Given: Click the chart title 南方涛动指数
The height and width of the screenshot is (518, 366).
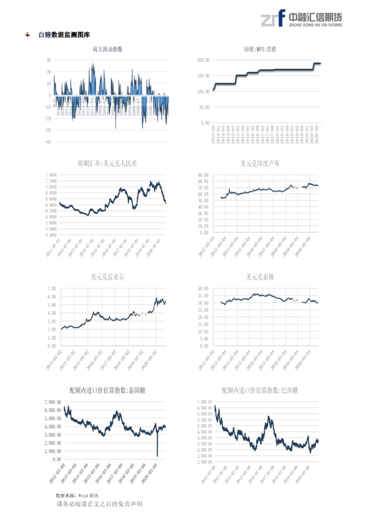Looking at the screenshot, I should [107, 49].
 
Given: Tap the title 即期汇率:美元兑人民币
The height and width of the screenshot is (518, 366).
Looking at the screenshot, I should [107, 164].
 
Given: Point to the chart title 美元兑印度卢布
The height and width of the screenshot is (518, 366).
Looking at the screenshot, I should [260, 164].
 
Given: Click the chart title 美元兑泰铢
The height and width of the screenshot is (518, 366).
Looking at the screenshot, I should [260, 277].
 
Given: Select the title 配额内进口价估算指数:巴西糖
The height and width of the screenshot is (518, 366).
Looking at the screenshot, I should [260, 390].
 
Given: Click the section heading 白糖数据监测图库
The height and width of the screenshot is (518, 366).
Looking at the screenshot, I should [64, 35].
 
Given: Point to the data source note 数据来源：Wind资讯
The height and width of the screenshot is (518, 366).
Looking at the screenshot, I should [77, 495].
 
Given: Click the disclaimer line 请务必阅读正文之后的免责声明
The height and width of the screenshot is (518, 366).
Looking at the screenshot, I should [99, 504].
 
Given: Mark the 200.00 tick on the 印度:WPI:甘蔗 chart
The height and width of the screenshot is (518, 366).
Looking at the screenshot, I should [203, 60].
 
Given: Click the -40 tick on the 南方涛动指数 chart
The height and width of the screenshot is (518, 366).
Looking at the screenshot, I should [48, 142].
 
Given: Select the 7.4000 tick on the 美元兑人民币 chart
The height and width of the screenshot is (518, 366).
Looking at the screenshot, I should [51, 175].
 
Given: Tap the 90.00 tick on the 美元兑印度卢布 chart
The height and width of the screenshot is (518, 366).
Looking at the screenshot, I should [203, 175].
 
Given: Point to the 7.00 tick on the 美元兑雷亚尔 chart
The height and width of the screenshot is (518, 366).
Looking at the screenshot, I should [51, 288].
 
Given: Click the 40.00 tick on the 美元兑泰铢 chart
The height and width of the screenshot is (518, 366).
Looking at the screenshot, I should [203, 288].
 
